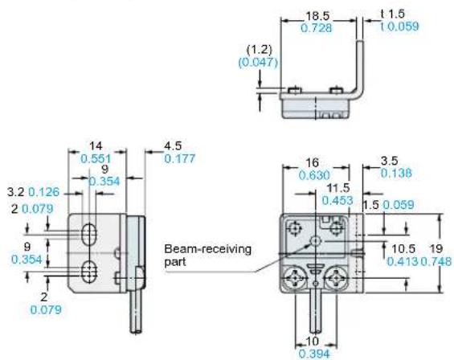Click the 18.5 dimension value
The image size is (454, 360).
point(317,15)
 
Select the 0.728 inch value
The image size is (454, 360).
point(317,28)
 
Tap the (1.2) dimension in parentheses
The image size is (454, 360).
point(259,50)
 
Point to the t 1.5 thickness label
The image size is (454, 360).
point(392,14)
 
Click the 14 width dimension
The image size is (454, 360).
point(96,146)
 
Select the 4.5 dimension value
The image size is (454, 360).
point(173,146)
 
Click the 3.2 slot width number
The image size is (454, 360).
point(15,192)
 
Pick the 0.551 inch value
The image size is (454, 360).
point(96,159)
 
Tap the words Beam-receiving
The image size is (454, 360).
point(207,249)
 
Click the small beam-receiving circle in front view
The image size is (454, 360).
point(316,240)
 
